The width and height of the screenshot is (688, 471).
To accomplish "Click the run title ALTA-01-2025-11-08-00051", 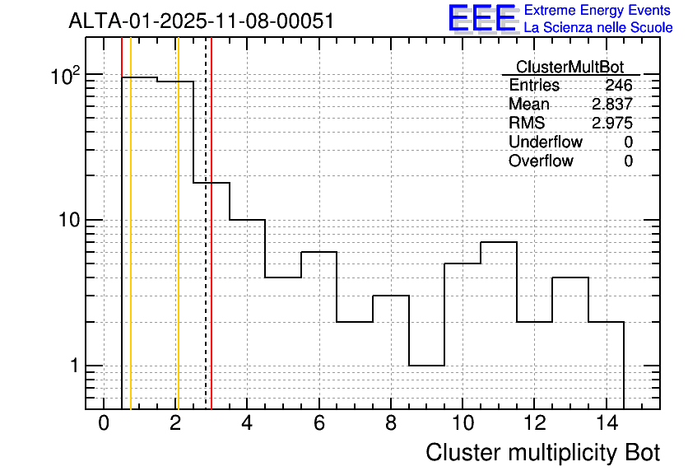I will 202,21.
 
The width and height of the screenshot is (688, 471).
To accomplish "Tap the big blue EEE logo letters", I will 481,18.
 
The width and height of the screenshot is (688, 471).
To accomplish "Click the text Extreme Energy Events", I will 598,11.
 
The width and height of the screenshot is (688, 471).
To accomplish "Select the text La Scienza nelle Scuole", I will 598,28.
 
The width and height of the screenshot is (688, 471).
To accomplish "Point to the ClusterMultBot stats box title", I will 569,67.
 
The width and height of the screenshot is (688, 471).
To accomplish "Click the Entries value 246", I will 618,86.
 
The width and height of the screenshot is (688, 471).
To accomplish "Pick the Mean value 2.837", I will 612,105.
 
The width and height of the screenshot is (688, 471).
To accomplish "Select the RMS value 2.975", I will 612,124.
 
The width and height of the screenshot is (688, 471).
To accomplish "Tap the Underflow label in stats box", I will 545,142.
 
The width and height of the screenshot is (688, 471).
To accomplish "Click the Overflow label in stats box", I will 541,161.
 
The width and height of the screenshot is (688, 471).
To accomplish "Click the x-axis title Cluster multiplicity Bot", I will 542,453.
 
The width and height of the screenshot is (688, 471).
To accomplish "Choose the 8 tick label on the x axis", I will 391,423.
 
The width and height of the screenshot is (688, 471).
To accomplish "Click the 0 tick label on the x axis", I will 104,423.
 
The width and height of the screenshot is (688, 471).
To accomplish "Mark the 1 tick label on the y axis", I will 72,366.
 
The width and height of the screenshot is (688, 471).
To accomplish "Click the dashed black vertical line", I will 205,247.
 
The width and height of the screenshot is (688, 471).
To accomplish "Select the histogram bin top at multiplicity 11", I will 498,242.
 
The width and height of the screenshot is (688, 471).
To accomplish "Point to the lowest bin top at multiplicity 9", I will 426,365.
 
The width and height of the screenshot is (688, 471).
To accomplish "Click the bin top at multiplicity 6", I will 318,252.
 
